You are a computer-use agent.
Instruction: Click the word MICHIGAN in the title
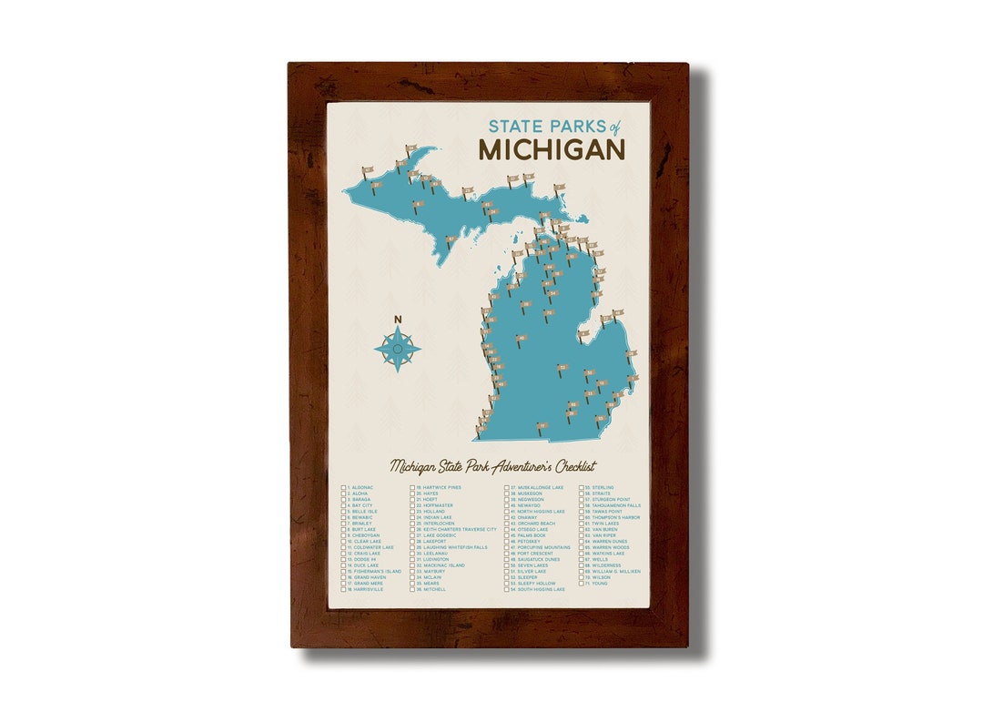552,148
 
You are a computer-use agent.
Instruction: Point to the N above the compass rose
397,319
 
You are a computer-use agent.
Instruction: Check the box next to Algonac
344,488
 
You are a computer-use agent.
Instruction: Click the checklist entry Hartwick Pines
442,488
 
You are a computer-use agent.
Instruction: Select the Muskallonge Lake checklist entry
539,488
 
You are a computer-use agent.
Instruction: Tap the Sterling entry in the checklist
603,488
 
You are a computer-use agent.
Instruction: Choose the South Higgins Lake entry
541,589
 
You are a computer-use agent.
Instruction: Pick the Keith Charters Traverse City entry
460,529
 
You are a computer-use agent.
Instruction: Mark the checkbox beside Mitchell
412,589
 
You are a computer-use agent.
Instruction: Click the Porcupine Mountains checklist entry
543,547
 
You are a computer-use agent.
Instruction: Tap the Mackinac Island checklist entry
443,565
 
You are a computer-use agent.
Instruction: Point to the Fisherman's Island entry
373,571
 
